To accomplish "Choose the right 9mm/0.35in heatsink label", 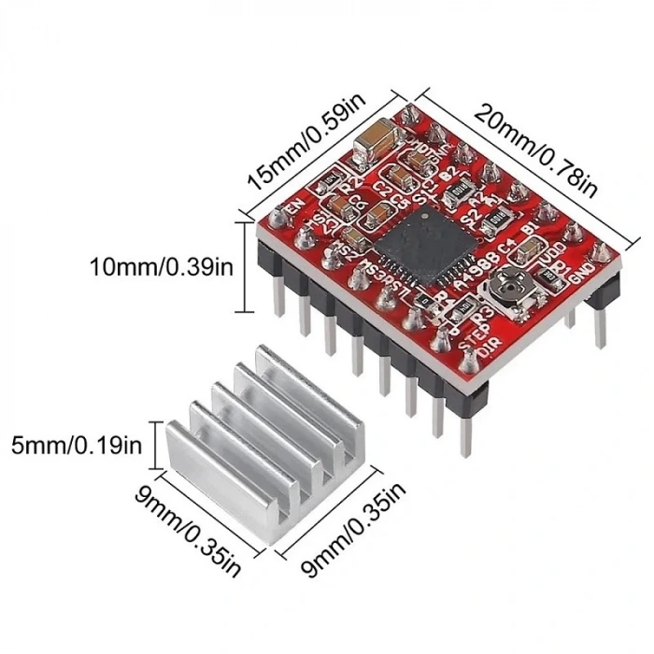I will pyautogui.click(x=355, y=532).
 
